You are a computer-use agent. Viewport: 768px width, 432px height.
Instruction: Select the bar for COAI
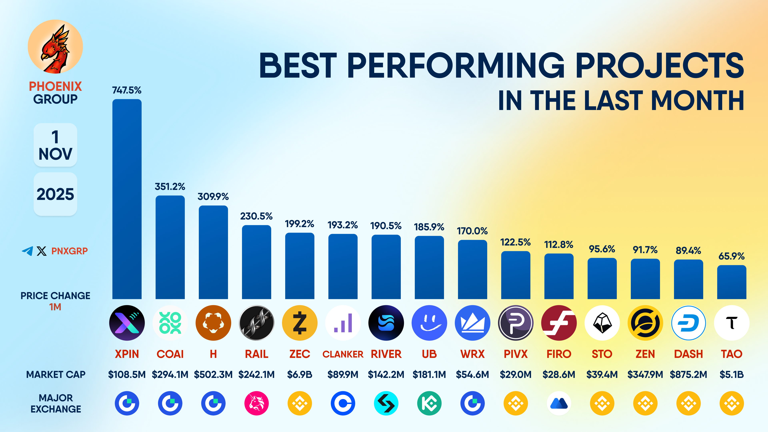(x=170, y=247)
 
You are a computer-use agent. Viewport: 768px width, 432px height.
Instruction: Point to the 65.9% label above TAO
(x=731, y=256)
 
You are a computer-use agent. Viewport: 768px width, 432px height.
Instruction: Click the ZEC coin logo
(x=300, y=323)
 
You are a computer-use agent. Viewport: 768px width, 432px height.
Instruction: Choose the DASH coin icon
(x=688, y=323)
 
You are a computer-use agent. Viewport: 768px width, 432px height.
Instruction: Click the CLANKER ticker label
(x=343, y=354)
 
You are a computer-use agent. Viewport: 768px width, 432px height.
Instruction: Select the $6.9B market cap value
(x=300, y=374)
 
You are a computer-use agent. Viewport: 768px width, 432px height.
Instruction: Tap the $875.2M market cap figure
(x=688, y=374)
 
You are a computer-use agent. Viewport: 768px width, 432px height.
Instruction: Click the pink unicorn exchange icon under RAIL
(x=256, y=403)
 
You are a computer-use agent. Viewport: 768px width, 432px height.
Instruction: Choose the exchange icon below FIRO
(x=559, y=403)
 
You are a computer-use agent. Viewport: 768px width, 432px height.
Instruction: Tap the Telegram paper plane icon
(x=27, y=251)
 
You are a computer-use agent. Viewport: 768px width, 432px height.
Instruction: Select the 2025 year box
(x=55, y=194)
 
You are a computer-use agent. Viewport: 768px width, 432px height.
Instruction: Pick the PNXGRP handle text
(x=69, y=251)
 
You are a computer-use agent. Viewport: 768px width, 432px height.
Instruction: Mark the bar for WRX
(x=472, y=270)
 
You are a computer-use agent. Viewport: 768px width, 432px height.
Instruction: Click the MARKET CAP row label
(x=56, y=374)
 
